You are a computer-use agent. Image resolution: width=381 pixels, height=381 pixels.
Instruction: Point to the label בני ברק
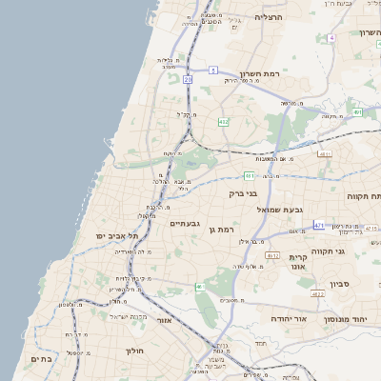pos(244,192)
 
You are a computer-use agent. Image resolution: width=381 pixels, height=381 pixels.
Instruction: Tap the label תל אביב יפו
pos(117,235)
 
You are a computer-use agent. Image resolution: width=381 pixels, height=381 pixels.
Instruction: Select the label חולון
pos(134,351)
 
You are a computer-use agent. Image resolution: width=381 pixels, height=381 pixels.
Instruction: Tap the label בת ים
pos(40,358)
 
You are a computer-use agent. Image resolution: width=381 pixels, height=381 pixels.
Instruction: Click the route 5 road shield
pos(214,70)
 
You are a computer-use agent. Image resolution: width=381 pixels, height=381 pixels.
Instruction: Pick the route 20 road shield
pos(189,82)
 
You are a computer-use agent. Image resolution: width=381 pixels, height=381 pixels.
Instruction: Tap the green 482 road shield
pos(223,122)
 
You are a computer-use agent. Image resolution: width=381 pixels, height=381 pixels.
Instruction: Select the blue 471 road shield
pos(318,226)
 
